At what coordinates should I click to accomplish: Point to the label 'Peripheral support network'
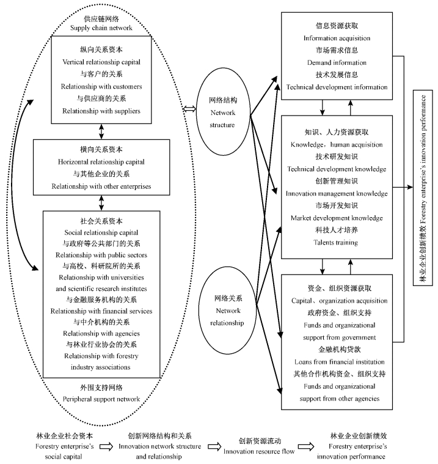coord(101,399)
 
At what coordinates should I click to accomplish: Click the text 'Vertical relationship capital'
coord(101,62)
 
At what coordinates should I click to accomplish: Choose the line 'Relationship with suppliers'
coord(101,111)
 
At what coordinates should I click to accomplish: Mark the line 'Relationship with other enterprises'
coord(101,186)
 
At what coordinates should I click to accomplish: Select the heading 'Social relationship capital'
coord(101,232)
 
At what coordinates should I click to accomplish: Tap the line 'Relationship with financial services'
coord(101,311)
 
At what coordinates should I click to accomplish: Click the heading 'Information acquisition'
coord(337,39)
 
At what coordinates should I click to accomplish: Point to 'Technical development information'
coord(337,87)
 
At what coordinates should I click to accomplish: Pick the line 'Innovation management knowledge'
coord(337,193)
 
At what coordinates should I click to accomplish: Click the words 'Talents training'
coord(337,242)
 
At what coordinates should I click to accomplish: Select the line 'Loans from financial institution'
coord(337,362)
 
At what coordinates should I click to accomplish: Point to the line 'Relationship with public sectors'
coord(101,254)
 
